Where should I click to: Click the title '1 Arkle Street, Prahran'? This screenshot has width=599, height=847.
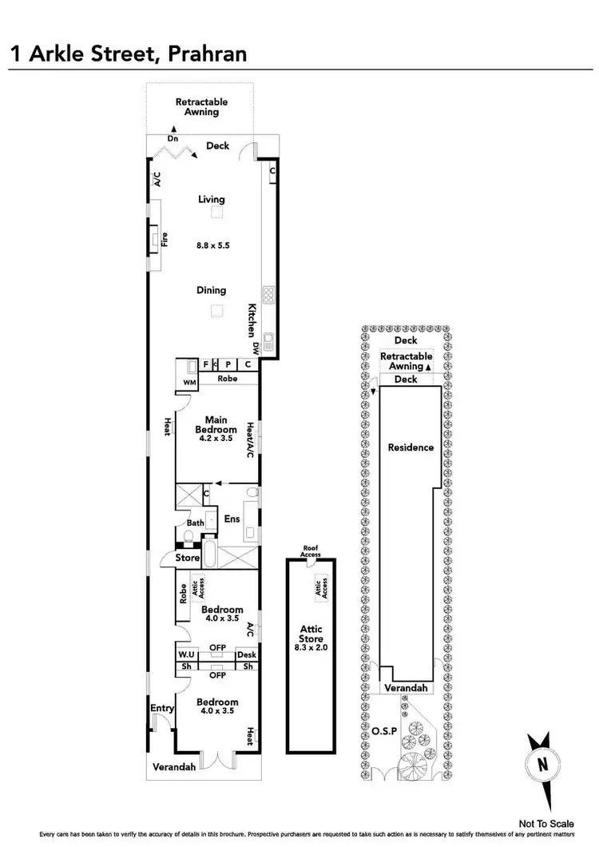point(128,54)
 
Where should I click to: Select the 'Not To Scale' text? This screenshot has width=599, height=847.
point(546,823)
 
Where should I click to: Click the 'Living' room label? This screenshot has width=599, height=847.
point(212,199)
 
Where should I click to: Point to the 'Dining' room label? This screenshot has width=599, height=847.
point(212,291)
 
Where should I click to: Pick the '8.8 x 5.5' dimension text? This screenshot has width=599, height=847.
point(212,246)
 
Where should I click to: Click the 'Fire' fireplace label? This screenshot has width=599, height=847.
point(165,237)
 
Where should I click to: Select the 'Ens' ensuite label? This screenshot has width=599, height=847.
point(232,519)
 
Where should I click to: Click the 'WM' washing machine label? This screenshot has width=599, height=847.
point(189,383)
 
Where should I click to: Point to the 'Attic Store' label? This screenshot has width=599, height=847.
point(311,634)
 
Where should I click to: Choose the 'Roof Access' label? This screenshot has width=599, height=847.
point(311,551)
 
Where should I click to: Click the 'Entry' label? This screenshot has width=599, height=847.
point(162,708)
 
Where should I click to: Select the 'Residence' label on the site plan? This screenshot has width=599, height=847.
point(411,447)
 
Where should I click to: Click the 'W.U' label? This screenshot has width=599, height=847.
point(187,655)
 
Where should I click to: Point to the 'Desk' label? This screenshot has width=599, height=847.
point(247,655)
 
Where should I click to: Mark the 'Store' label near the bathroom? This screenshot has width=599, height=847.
point(188,558)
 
